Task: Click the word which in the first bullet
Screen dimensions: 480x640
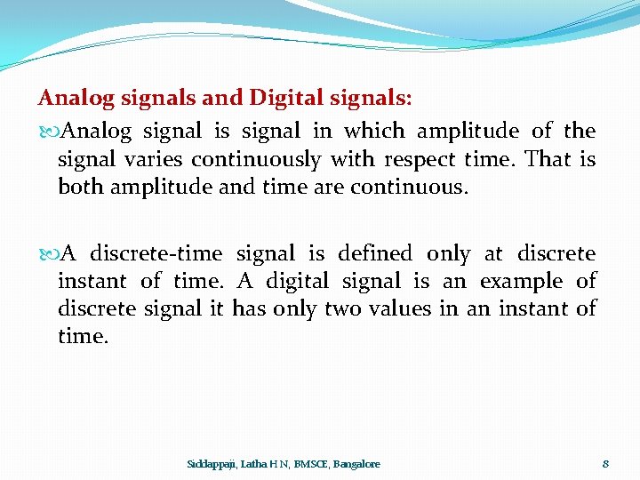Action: point(374,132)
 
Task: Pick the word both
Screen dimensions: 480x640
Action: point(77,187)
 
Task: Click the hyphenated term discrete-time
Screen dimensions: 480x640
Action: point(156,254)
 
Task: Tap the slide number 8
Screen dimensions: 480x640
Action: point(605,464)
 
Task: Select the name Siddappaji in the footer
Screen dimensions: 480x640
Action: point(212,464)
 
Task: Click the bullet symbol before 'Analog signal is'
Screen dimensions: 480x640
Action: point(47,132)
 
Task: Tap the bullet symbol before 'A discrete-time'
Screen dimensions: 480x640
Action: point(47,254)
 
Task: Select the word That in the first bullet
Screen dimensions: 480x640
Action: point(548,159)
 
